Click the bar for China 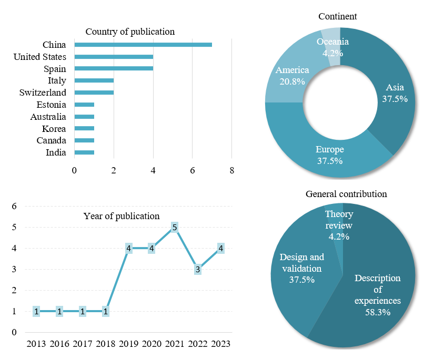pos(143,45)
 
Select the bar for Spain pos(114,68)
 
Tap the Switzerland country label pos(43,92)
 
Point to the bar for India pos(84,152)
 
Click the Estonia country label pos(51,105)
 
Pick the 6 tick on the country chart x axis pos(193,170)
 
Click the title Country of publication pos(130,32)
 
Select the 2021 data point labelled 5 pos(174,228)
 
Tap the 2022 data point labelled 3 pos(198,270)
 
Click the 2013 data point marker pos(36,312)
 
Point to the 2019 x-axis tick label pos(128,344)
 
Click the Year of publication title pos(121,216)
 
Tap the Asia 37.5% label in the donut pos(395,93)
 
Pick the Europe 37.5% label pos(330,155)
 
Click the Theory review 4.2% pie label pos(339,225)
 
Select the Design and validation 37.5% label pos(302,268)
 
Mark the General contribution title pos(346,194)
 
